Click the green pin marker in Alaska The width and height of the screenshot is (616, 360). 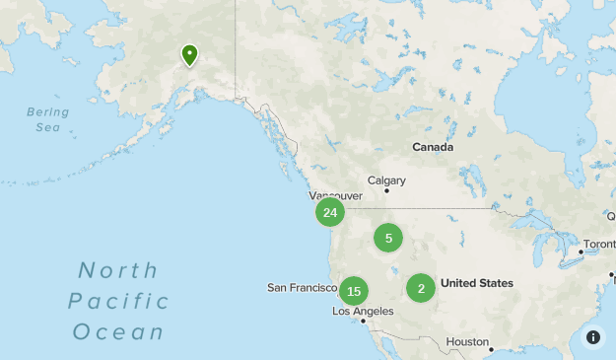[x=188, y=55]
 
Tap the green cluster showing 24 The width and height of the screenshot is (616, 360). [x=329, y=212]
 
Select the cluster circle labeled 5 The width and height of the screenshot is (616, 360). [x=388, y=238]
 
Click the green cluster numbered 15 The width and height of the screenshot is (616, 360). [x=354, y=291]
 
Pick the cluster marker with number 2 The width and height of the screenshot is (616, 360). [x=421, y=288]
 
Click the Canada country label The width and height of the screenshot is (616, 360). [x=433, y=147]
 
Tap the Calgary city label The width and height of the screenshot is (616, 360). [x=386, y=180]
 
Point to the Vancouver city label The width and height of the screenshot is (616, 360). [x=335, y=196]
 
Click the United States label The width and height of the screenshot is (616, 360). [x=477, y=283]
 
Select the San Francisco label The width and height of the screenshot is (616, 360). [x=303, y=288]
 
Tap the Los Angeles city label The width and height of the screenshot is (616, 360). [x=363, y=311]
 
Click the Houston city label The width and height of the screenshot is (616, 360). [x=466, y=342]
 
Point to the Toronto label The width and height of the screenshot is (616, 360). [x=599, y=244]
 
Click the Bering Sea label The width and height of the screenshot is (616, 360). [x=48, y=119]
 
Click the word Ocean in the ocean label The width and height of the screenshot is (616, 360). [x=118, y=331]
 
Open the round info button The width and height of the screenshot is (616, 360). [x=593, y=337]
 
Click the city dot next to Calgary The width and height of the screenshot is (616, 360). [x=387, y=191]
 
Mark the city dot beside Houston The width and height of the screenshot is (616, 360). [x=492, y=348]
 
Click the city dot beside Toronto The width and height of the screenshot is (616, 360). [x=582, y=252]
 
